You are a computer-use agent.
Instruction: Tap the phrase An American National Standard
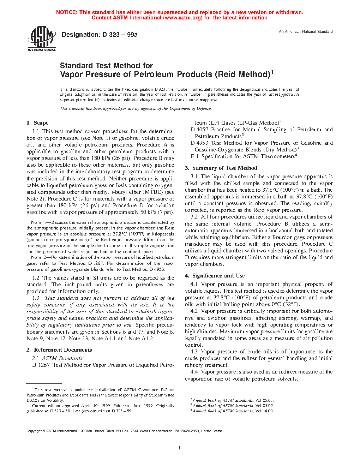pos(306,32)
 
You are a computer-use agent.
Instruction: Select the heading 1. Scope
pos(37,123)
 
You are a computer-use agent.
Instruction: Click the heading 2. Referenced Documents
pos(59,350)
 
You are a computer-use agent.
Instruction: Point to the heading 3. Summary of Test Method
pos(221,168)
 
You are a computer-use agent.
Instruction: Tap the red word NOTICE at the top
pos(67,12)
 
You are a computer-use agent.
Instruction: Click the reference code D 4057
pos(199,130)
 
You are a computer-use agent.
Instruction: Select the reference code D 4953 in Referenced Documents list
pos(199,143)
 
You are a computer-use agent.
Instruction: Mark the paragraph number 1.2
pos(36,278)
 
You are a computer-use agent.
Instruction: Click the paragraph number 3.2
pos(194,217)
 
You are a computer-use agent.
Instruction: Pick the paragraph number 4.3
pos(194,352)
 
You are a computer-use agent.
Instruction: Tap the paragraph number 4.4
pos(194,372)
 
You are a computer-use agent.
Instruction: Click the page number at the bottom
pos(180,448)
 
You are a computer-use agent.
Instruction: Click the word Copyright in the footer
pos(34,431)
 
